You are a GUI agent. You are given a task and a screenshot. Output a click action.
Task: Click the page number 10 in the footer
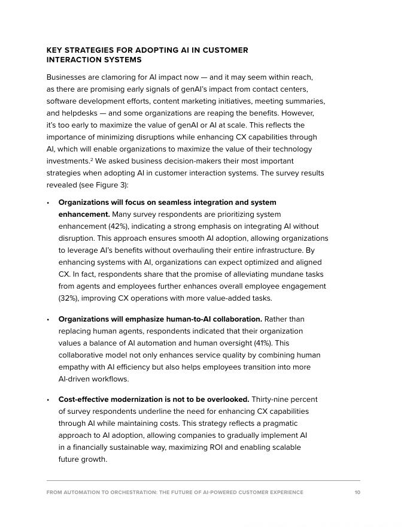coord(357,492)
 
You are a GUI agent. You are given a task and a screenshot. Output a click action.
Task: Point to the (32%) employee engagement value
coord(68,298)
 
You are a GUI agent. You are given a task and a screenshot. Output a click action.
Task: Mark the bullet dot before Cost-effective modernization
coord(48,399)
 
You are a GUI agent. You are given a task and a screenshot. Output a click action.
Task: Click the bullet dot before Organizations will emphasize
coord(48,319)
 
